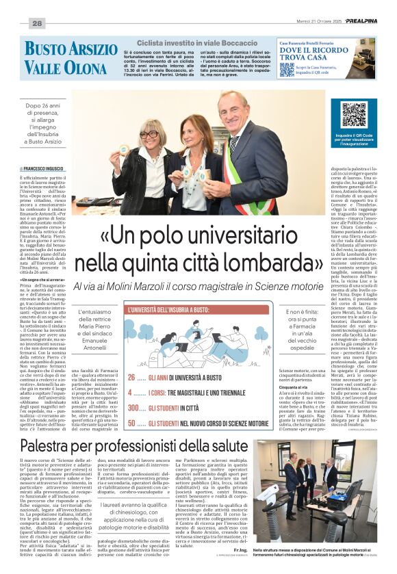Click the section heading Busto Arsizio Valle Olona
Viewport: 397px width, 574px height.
(71, 57)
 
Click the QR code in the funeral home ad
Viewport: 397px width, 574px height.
(287, 70)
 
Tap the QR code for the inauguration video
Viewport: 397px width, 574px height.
(354, 115)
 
